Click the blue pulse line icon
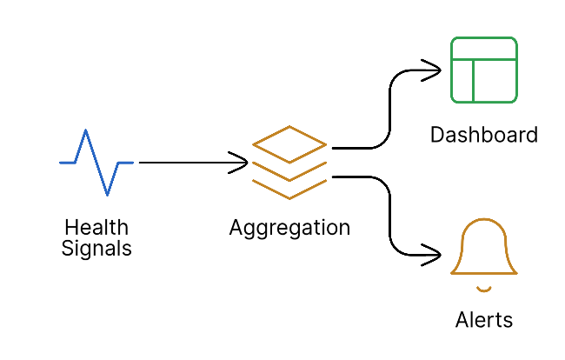[96, 163]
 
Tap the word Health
[96, 228]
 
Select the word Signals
[96, 249]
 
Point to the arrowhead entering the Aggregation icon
[243, 163]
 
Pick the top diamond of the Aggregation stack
[289, 144]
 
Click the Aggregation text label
[289, 228]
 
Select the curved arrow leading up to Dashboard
[389, 104]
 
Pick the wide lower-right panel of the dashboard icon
[495, 81]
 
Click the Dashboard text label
[483, 135]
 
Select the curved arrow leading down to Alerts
[388, 217]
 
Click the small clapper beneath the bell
[484, 288]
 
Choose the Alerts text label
[483, 320]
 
